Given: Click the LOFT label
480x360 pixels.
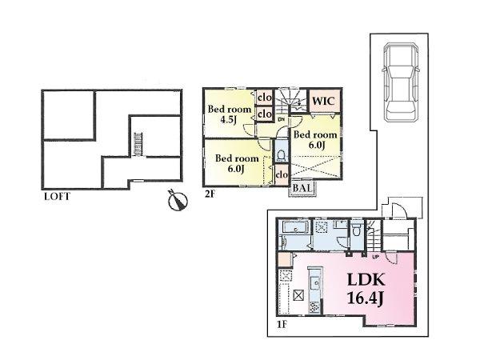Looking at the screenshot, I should tap(57, 194).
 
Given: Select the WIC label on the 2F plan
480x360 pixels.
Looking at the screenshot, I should tap(323, 102).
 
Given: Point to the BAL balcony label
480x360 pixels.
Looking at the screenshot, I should tap(303, 188).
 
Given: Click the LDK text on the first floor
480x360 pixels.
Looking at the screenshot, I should tap(366, 280).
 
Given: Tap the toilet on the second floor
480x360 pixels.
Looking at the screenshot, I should tap(281, 153).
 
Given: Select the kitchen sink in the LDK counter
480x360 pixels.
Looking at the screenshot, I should tap(314, 281).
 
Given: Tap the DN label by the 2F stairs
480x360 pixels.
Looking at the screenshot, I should tap(282, 120).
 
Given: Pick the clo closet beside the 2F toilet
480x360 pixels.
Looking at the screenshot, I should tap(282, 174).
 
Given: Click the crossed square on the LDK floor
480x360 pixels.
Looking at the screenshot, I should tap(298, 295).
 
